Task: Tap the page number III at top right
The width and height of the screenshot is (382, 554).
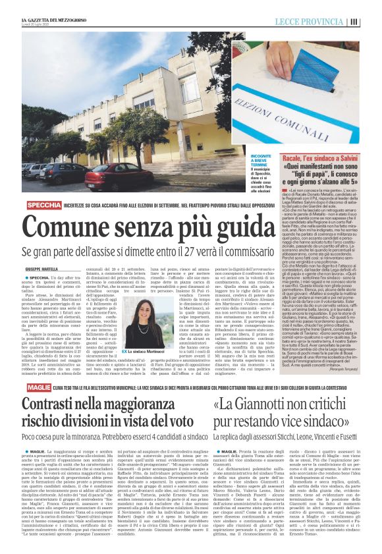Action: (x=373, y=22)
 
